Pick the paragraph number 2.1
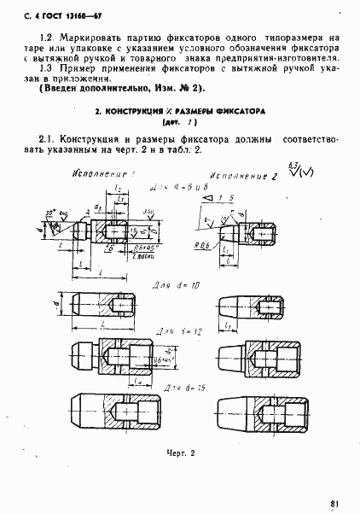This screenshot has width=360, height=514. coord(48,137)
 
